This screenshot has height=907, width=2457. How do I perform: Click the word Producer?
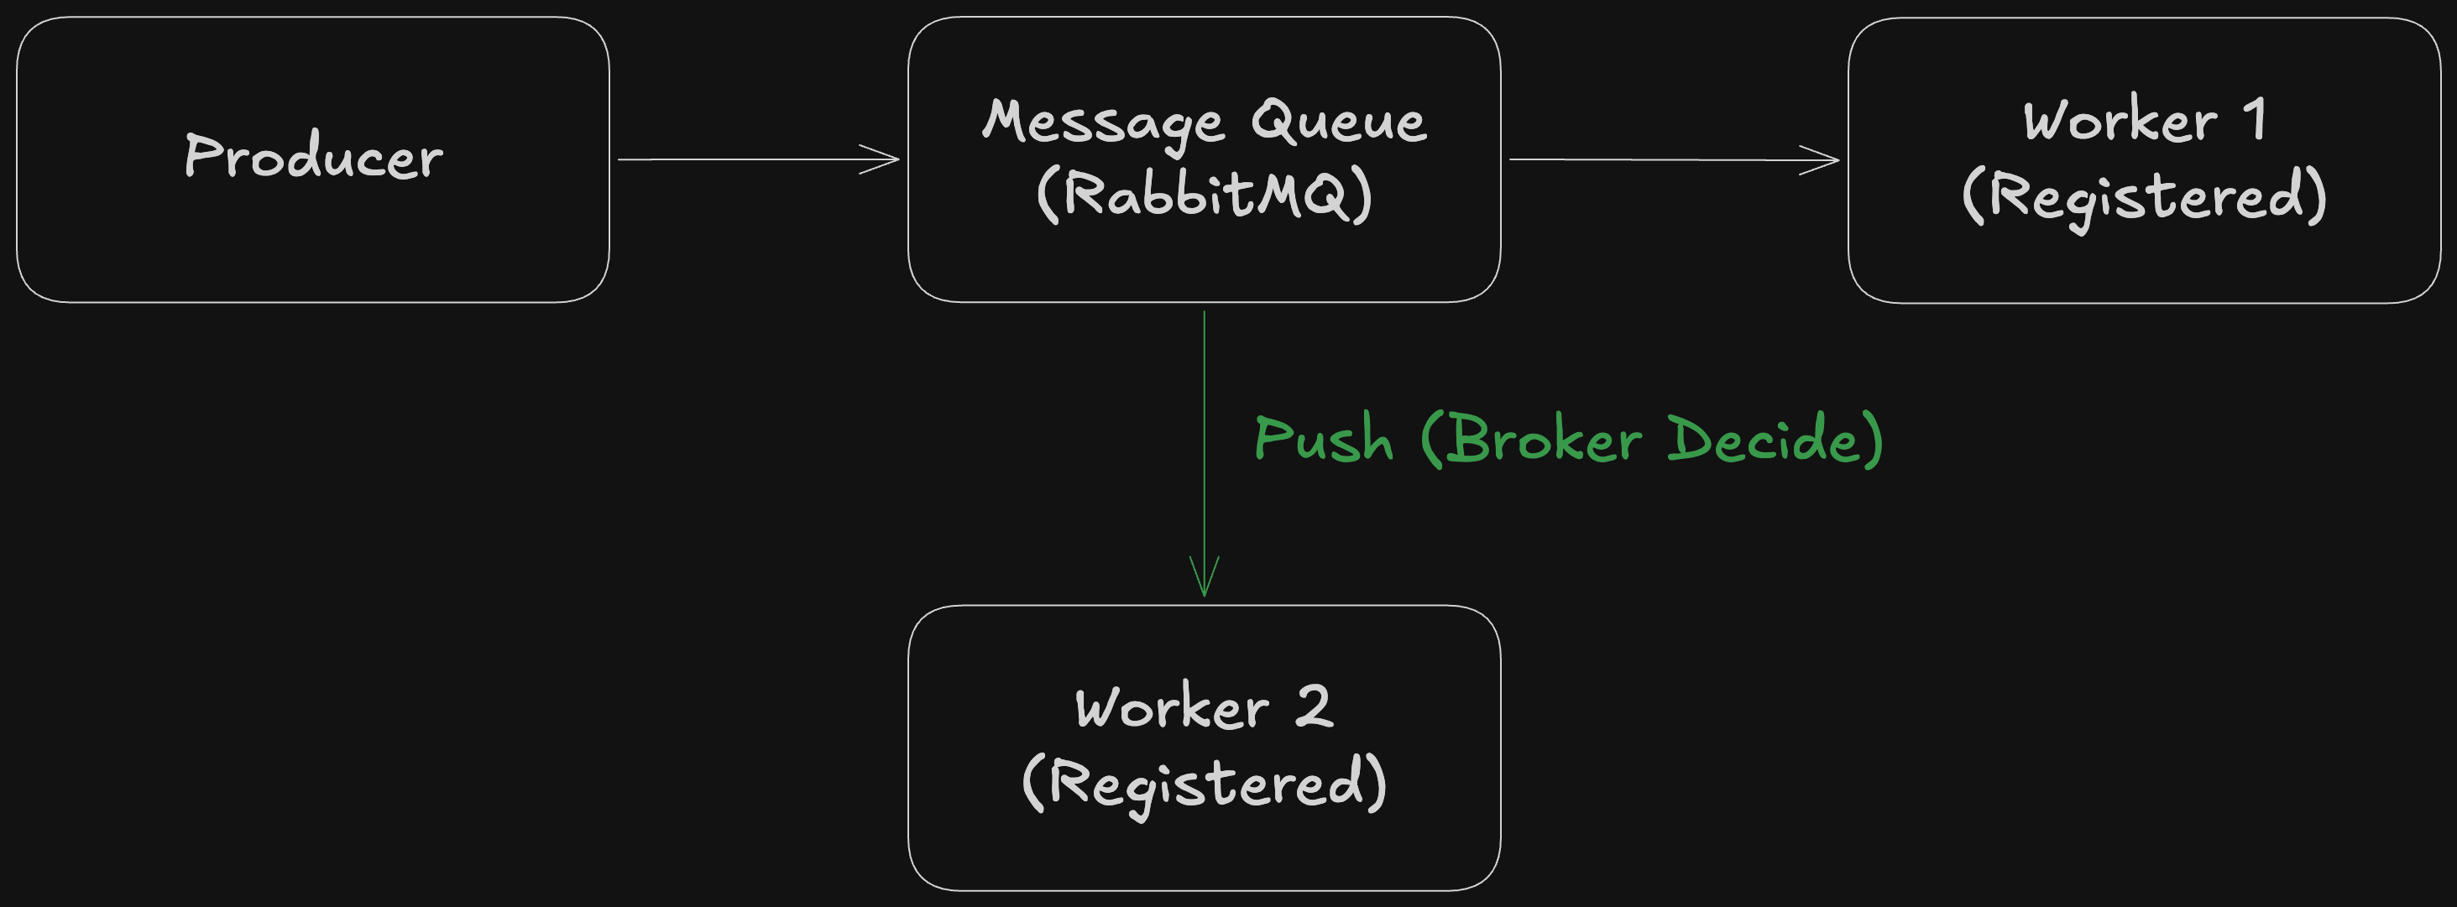point(314,156)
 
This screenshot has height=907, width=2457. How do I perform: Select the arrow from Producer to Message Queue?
point(758,159)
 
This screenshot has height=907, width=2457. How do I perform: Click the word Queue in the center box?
point(1339,121)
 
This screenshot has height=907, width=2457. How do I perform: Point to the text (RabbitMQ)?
point(1205,195)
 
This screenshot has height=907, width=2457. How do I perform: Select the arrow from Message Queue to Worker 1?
point(1674,159)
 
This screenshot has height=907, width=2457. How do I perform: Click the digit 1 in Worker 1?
point(2255,119)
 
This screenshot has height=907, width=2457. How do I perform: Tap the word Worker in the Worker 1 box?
point(2120,120)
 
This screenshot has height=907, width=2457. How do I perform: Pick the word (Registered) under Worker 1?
point(2144,198)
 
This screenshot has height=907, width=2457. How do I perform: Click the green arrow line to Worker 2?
point(1205,454)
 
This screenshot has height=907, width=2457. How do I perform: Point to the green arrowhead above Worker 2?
point(1205,577)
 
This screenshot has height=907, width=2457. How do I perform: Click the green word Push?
point(1324,439)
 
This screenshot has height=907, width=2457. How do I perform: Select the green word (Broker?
point(1531,439)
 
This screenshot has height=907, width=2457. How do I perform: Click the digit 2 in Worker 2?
point(1314,706)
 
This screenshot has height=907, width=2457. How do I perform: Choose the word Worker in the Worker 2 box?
point(1172,707)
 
